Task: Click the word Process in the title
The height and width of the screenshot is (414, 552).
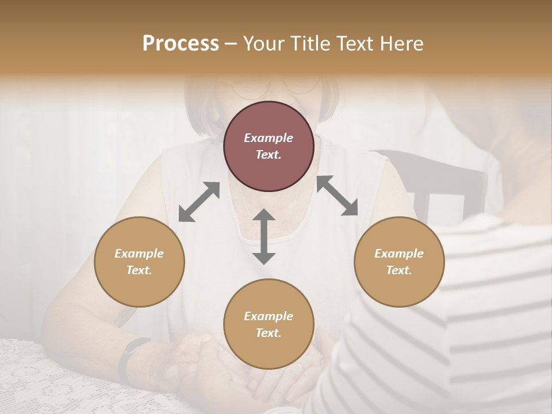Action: [x=181, y=44]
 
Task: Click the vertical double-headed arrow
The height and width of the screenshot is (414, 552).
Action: [x=264, y=236]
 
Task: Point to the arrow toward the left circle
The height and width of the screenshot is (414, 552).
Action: [x=199, y=202]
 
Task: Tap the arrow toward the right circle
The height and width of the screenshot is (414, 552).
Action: [x=337, y=195]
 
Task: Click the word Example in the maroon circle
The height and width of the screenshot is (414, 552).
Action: [x=269, y=138]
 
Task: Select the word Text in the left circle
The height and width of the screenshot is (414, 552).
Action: [x=139, y=270]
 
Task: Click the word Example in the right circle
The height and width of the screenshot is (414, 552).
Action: [x=399, y=254]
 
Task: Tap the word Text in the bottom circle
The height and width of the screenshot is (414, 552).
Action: [x=269, y=333]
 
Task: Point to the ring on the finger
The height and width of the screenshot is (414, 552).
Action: [x=298, y=366]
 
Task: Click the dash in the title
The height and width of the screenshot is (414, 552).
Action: [x=231, y=44]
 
